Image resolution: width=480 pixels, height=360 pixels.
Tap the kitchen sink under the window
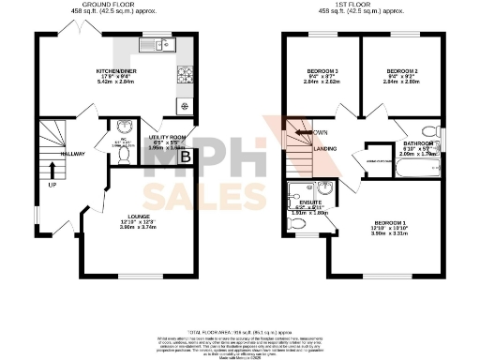tap(153, 45)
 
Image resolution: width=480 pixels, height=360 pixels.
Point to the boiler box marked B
tap(185, 157)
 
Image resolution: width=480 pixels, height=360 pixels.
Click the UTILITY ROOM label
tap(168, 136)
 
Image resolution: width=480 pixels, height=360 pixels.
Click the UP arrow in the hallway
tap(52, 172)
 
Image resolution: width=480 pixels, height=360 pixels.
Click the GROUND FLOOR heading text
tap(106, 5)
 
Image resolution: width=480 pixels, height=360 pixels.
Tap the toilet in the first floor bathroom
tap(429, 130)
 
